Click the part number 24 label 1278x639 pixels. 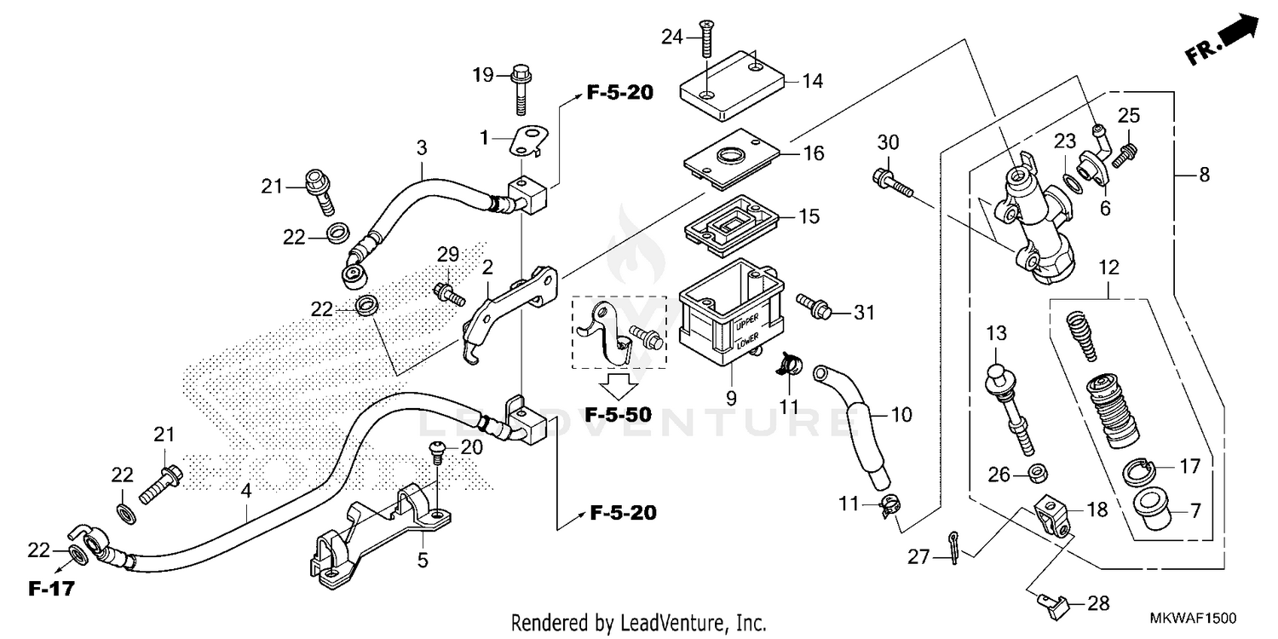(672, 36)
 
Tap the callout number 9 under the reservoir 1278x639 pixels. (730, 396)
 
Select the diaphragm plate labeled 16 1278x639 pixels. (733, 158)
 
